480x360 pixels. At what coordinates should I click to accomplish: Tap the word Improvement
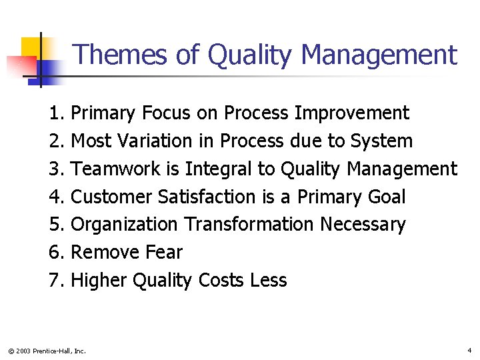(351, 113)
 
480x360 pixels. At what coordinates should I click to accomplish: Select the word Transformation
(249, 225)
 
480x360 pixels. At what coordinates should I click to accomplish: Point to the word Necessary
(363, 225)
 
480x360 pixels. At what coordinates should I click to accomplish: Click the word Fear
(166, 253)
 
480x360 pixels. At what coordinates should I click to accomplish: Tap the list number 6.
(55, 253)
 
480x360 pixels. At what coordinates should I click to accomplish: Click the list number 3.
(55, 169)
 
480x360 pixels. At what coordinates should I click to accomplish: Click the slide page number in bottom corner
(469, 350)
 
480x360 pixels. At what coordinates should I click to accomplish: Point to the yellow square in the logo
(31, 49)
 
